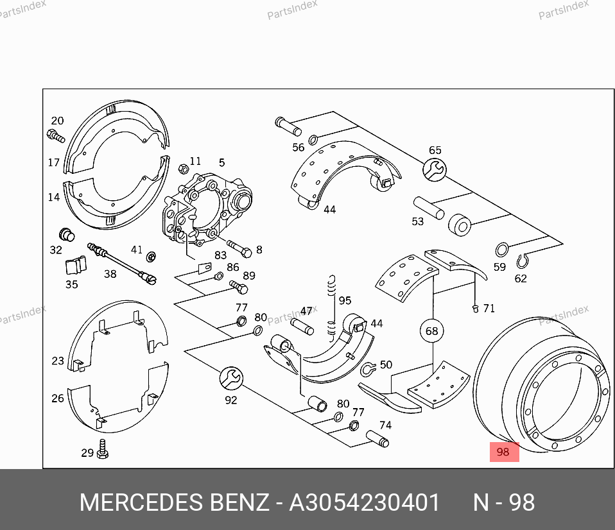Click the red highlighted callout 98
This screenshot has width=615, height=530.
(505, 452)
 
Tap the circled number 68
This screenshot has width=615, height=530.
(432, 331)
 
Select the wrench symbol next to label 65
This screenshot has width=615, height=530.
(435, 170)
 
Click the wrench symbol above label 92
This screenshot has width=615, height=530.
(231, 379)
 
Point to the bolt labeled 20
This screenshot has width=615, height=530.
(56, 136)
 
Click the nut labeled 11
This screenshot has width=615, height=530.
(183, 169)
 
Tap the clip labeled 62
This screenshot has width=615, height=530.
(522, 261)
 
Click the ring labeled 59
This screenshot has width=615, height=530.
(502, 249)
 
